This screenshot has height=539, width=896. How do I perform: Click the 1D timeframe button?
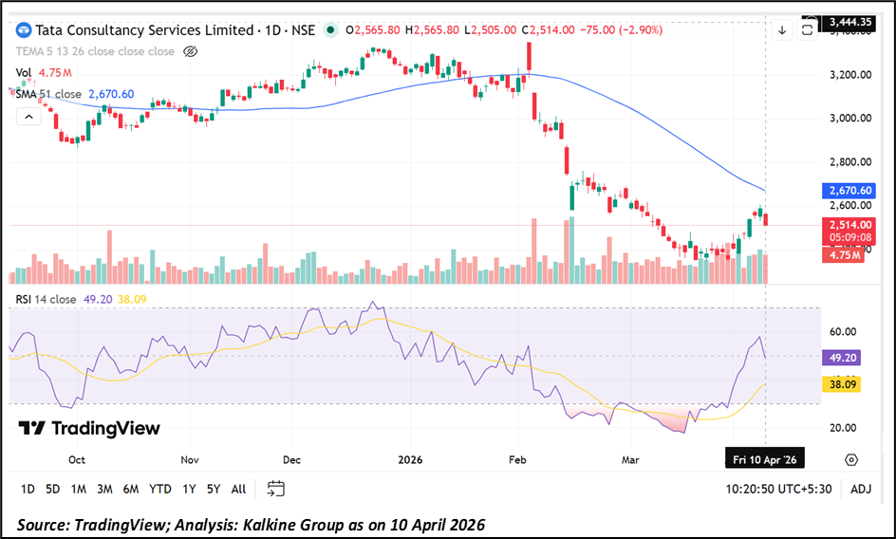click(28, 489)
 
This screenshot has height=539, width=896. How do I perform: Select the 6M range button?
click(130, 489)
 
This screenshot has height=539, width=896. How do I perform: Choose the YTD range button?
click(160, 489)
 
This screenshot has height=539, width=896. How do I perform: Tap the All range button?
click(238, 489)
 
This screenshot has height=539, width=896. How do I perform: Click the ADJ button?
click(861, 489)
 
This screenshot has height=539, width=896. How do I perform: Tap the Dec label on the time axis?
click(291, 459)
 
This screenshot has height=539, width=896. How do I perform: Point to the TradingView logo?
click(89, 428)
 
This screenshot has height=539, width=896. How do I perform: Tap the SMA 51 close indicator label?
click(47, 94)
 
